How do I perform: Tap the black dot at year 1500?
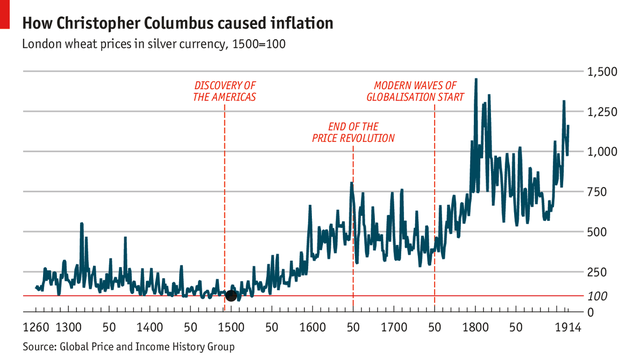pos(231,295)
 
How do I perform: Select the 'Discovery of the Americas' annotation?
pos(225,92)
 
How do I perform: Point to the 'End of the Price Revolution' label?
pos(353,133)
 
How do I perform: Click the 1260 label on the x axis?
pos(35,328)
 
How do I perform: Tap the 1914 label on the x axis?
pos(567,328)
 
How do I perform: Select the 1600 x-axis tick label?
pos(312,328)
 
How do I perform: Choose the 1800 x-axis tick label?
pos(475,328)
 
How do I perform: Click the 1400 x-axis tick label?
pos(149,328)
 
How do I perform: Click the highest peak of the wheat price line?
pos(475,80)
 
